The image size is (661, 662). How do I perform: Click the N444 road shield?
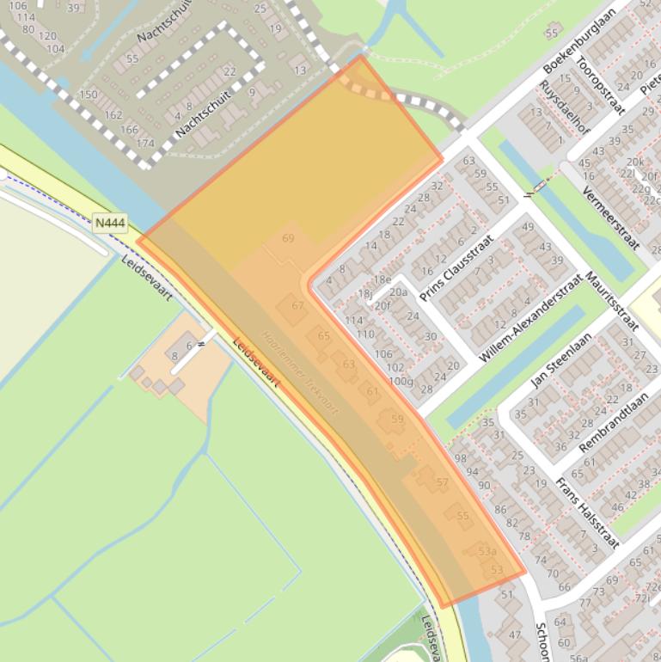110,224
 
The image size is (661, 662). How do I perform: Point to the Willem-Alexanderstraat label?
532,317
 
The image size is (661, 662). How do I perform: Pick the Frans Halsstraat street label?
586,513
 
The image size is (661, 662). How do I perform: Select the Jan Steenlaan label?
562,359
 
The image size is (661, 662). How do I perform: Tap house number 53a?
487,551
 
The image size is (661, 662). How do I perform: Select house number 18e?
382,279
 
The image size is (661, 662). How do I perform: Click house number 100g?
401,381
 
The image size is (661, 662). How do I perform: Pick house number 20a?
398,292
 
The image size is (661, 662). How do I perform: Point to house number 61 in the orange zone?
372,391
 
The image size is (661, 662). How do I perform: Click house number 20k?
634,162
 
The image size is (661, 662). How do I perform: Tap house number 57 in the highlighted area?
442,482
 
